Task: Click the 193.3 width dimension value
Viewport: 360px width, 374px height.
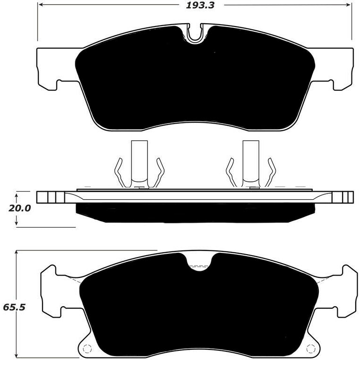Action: (194, 6)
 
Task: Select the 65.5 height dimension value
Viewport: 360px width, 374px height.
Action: (14, 307)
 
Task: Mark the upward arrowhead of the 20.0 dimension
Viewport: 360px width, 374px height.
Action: (17, 194)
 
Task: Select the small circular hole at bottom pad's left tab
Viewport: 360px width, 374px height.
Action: (87, 349)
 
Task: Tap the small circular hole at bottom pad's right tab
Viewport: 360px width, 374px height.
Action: (311, 349)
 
